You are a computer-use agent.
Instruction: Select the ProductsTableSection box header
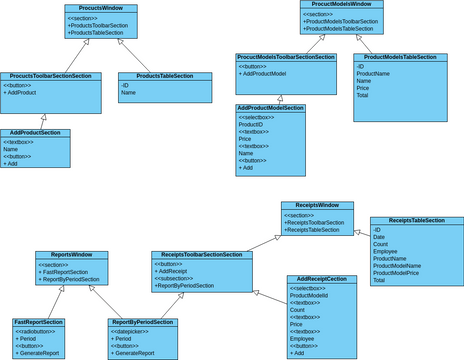pyautogui.click(x=164, y=76)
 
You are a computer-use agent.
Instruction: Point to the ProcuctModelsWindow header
pyautogui.click(x=342, y=5)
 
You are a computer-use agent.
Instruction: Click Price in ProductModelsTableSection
pyautogui.click(x=364, y=88)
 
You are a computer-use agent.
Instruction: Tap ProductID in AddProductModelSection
pyautogui.click(x=252, y=125)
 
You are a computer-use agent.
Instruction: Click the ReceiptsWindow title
pyautogui.click(x=316, y=205)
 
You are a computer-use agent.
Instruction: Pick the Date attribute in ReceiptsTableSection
pyautogui.click(x=380, y=237)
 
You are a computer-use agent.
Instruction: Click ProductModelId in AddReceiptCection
pyautogui.click(x=309, y=296)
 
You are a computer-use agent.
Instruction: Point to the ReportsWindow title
pyautogui.click(x=72, y=255)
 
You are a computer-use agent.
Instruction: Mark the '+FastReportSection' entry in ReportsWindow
pyautogui.click(x=68, y=272)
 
